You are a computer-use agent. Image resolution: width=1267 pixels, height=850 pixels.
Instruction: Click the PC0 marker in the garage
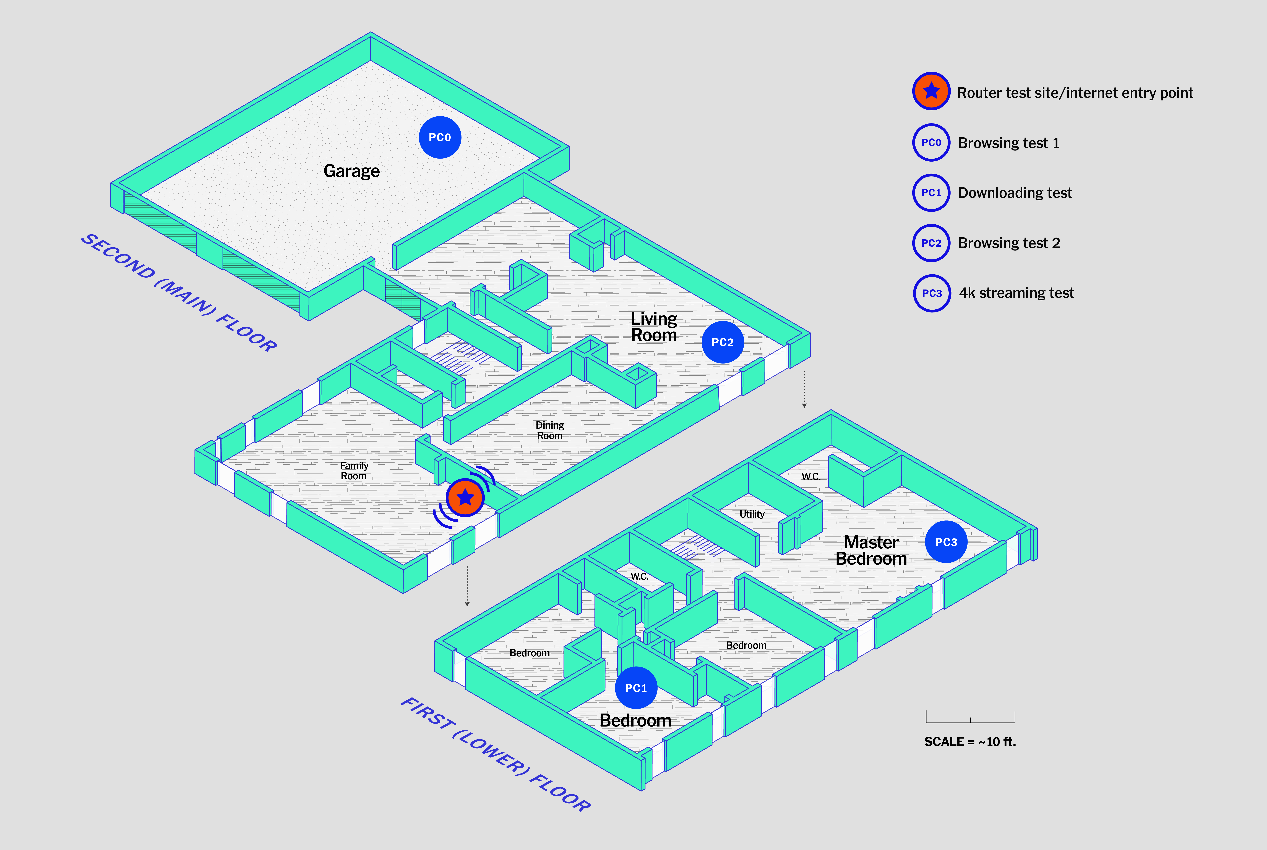[440, 137]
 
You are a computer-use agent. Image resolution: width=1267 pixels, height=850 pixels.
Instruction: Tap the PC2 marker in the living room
[723, 342]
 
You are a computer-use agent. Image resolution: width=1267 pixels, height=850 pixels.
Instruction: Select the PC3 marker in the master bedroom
[946, 542]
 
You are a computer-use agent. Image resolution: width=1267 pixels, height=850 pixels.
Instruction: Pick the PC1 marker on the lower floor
[636, 688]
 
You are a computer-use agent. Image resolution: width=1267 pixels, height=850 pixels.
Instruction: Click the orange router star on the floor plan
[465, 497]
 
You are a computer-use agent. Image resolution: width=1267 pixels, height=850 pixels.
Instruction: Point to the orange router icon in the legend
[931, 91]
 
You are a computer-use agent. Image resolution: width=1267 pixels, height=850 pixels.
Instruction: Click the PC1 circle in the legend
[931, 193]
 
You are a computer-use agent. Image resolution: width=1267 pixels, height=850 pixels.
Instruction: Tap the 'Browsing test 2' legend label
[1009, 243]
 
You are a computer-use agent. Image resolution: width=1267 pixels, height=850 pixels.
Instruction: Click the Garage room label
[351, 171]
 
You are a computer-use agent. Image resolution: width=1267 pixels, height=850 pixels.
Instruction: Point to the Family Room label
[354, 470]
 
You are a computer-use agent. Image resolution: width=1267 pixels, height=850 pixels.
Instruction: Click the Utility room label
[752, 514]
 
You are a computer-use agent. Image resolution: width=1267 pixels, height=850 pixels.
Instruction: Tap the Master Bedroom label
[871, 550]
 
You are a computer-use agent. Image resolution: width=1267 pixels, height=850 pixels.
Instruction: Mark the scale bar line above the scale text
[970, 722]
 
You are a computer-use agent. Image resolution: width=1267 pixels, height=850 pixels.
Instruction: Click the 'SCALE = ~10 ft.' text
[970, 742]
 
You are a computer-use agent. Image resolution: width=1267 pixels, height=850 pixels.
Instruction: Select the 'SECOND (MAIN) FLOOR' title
[179, 293]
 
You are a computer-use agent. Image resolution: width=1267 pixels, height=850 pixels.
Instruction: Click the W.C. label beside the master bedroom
[811, 477]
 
